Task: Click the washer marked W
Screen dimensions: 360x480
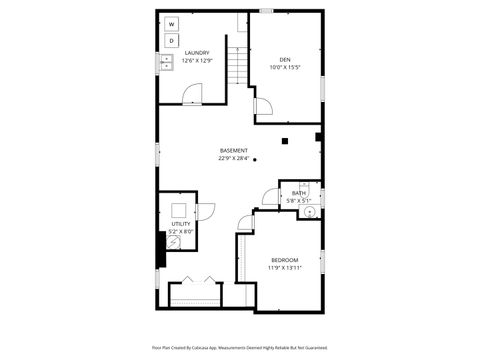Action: [171, 23]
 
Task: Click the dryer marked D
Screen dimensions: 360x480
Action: [171, 40]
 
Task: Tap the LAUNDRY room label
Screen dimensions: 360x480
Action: [197, 53]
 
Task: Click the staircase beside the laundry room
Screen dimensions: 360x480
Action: [237, 69]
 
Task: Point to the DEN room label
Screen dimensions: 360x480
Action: [285, 59]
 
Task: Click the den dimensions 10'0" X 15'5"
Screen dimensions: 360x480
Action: [285, 67]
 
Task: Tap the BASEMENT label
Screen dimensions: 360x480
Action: [234, 151]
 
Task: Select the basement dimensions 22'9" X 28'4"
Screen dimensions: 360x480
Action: [234, 158]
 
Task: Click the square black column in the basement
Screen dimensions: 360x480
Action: [284, 140]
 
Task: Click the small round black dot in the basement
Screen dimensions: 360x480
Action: [255, 158]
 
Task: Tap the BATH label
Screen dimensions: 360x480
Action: [299, 193]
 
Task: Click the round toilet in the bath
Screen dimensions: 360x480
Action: [310, 211]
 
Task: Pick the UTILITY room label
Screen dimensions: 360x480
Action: [180, 224]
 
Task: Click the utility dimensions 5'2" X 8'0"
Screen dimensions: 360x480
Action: [180, 232]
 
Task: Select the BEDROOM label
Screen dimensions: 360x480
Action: [285, 260]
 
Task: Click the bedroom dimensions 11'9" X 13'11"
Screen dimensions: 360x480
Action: [285, 268]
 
